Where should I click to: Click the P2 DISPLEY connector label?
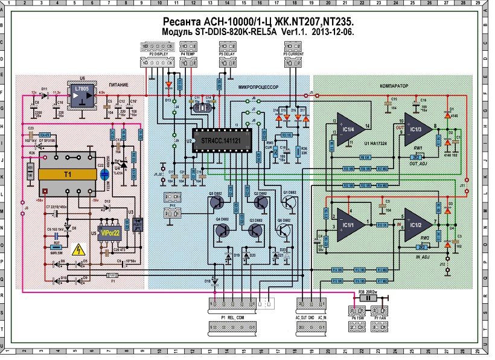pos(158,54)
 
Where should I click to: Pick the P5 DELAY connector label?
pos(228,54)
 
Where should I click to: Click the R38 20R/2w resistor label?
pos(371,291)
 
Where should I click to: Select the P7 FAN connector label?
pos(380,316)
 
